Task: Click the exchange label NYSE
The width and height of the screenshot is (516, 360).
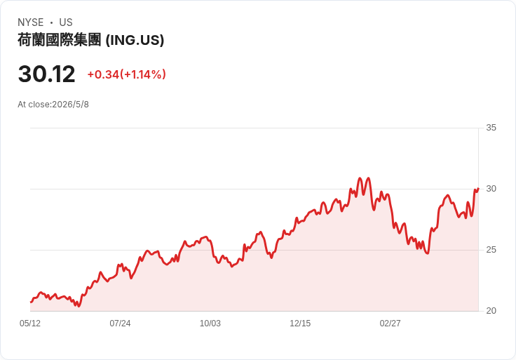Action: [31, 22]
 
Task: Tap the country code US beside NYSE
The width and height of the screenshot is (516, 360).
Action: [66, 22]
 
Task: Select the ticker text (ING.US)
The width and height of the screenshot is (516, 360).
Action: [135, 40]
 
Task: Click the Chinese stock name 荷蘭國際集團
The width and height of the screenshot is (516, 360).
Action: [59, 40]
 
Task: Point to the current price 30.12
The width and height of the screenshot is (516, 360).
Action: [47, 74]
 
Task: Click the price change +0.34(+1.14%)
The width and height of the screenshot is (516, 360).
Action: [127, 74]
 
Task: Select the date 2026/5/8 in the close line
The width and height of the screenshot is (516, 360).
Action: [70, 105]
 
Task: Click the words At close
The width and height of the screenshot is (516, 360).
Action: [34, 105]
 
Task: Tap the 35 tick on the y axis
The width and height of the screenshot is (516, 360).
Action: [491, 128]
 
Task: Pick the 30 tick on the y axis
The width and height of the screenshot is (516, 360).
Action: [491, 189]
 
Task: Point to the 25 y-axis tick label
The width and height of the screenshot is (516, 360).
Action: [491, 250]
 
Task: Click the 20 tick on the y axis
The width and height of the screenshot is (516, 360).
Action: [491, 311]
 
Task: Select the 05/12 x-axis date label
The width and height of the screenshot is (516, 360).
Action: [30, 324]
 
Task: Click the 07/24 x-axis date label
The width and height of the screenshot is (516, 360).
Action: [120, 324]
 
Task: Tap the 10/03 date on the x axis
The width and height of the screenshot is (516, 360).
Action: [210, 324]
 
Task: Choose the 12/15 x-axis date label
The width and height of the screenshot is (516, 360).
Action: [300, 324]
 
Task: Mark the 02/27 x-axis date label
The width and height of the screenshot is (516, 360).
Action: [390, 324]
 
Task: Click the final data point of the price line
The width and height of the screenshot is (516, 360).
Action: [478, 188]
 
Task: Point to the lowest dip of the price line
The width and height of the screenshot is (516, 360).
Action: [79, 306]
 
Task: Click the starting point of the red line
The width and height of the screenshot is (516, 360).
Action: [31, 302]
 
